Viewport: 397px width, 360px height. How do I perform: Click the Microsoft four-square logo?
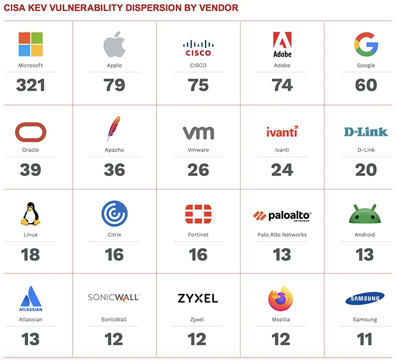click(x=31, y=44)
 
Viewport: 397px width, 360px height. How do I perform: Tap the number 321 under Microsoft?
click(x=31, y=85)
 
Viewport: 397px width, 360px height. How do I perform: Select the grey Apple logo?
click(x=114, y=45)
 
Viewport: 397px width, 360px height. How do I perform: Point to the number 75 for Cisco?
click(x=198, y=85)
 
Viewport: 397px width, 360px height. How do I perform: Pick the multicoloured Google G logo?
click(x=366, y=44)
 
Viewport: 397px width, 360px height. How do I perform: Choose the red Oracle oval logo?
click(x=31, y=131)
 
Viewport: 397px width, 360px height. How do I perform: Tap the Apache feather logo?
click(x=114, y=129)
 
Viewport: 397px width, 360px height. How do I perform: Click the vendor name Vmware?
click(x=198, y=150)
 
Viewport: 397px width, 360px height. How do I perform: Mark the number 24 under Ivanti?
click(x=282, y=169)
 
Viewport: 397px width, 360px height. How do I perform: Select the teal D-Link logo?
click(x=366, y=131)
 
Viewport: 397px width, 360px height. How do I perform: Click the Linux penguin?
click(x=31, y=214)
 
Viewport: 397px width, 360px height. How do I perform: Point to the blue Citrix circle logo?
click(x=114, y=214)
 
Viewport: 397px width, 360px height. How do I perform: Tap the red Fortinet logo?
click(x=198, y=215)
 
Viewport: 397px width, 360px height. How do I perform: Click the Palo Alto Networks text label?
click(x=282, y=235)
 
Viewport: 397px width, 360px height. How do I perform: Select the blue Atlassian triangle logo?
click(x=31, y=298)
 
